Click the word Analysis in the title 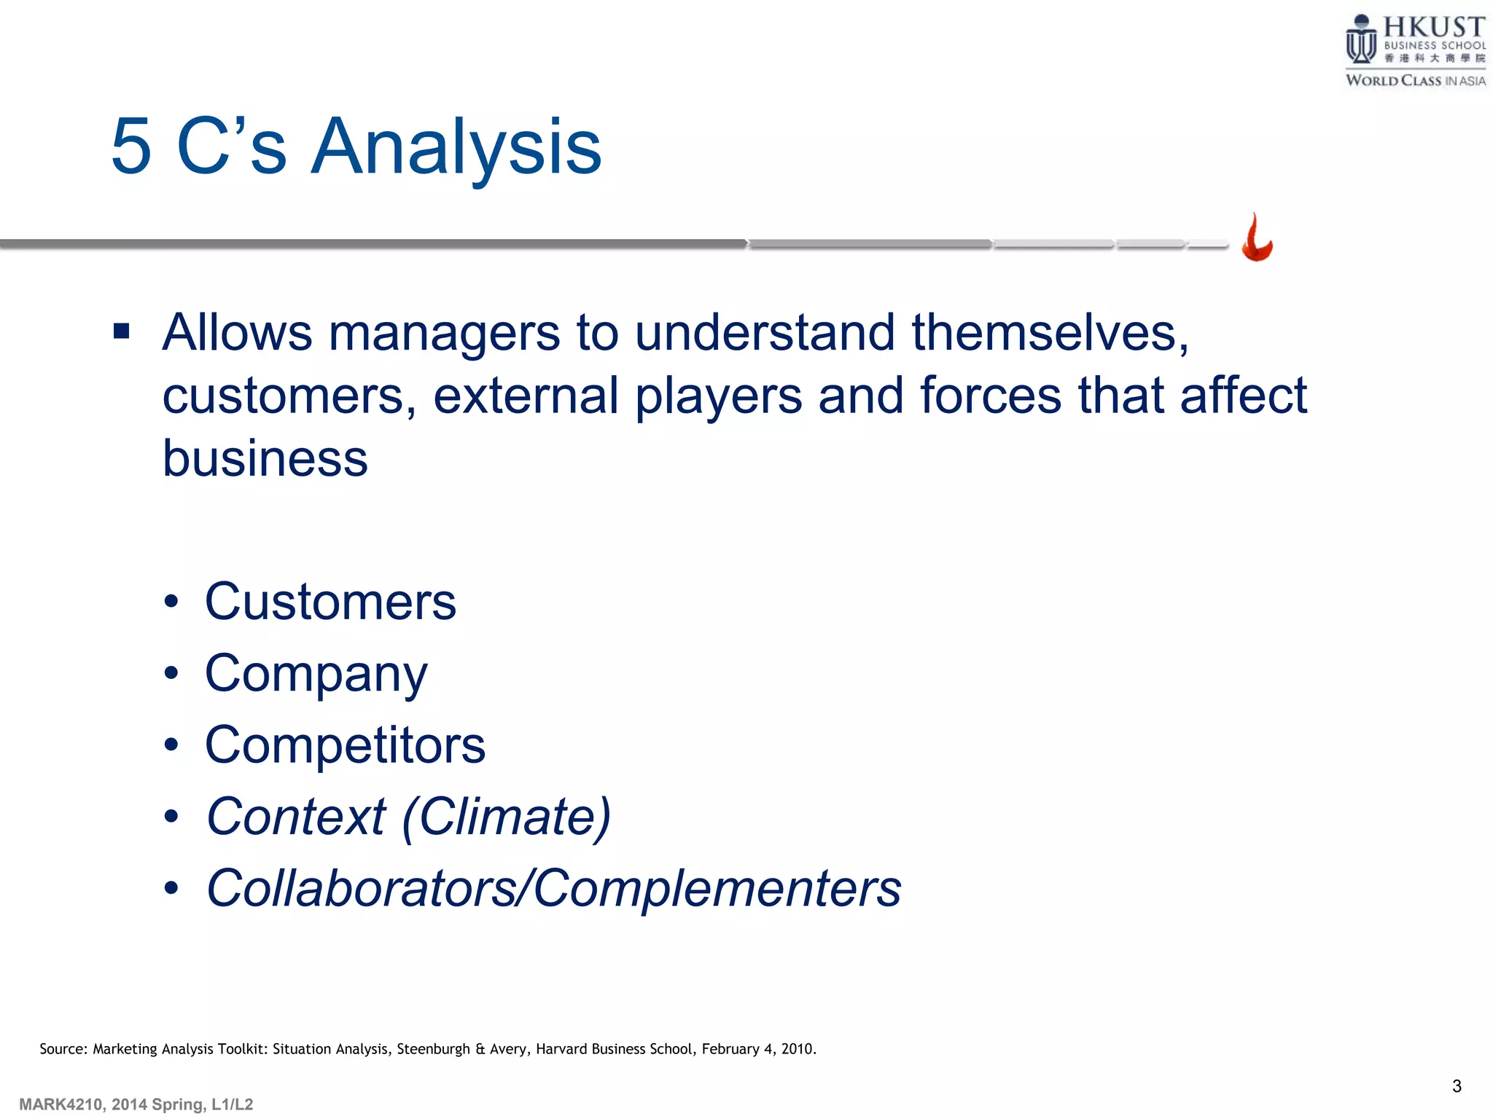click(456, 148)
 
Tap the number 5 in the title click(132, 148)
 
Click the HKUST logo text click(1433, 28)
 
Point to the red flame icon click(1257, 238)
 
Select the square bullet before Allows click(122, 332)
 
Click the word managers click(444, 334)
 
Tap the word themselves click(1050, 334)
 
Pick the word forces click(991, 396)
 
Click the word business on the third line click(265, 459)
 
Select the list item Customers click(330, 602)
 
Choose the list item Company click(316, 675)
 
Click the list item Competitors click(345, 745)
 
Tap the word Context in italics click(296, 817)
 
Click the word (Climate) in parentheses click(507, 817)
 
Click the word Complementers click(717, 888)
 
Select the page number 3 click(1457, 1086)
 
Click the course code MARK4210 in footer click(61, 1104)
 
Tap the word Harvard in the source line click(561, 1049)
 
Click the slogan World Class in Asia click(1415, 81)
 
